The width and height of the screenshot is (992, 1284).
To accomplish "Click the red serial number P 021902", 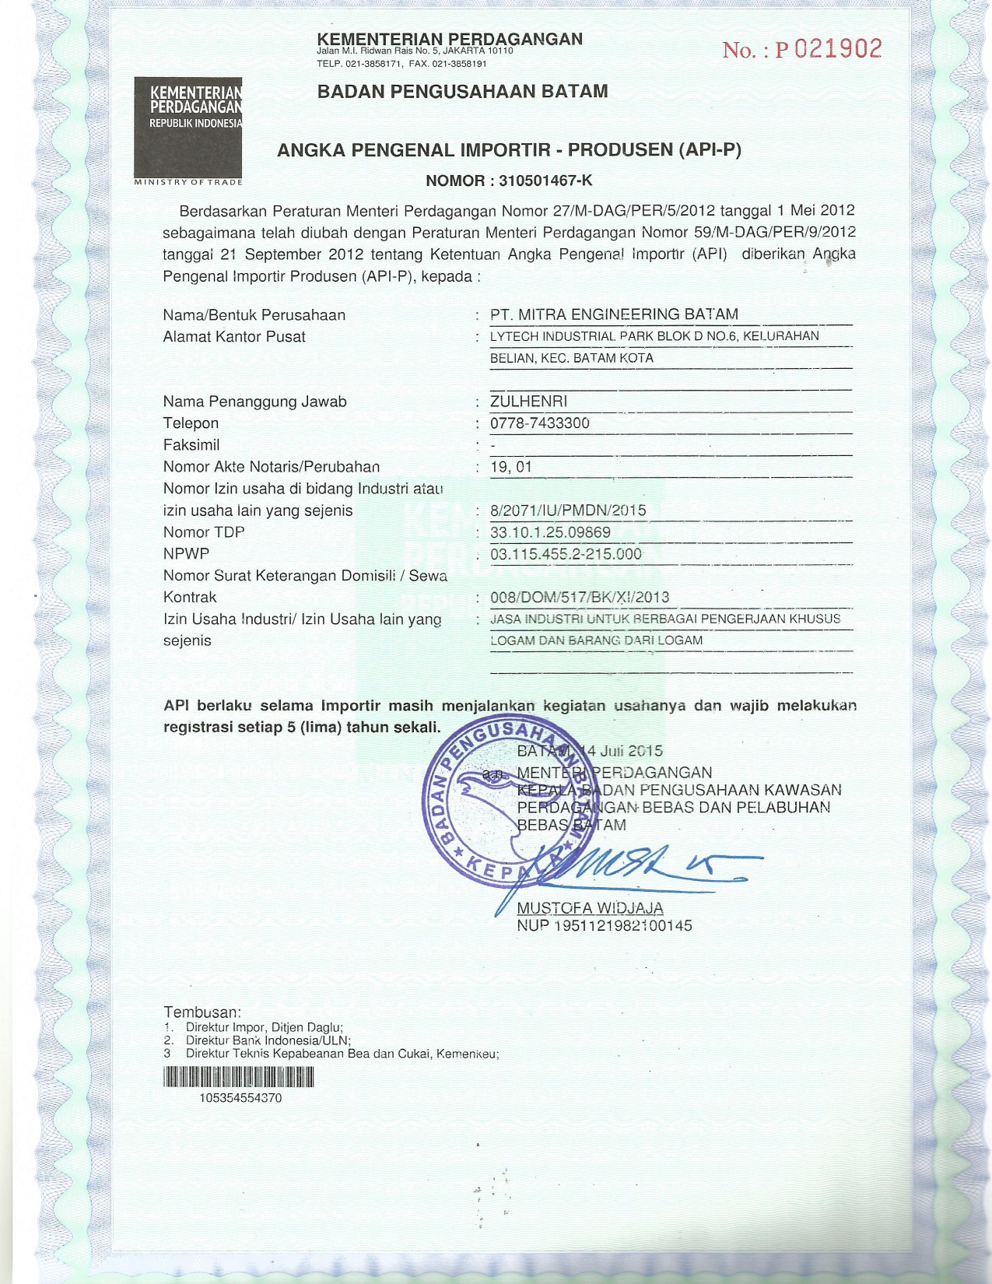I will (x=802, y=50).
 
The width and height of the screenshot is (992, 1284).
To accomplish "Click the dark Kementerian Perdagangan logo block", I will (x=188, y=128).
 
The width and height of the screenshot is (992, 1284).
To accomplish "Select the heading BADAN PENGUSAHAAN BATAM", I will (x=462, y=91).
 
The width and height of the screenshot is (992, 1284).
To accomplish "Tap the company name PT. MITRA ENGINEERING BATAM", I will (x=614, y=314).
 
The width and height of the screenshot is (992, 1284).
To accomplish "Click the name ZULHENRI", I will (x=528, y=402).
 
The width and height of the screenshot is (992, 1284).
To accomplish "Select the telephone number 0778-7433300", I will (x=540, y=423).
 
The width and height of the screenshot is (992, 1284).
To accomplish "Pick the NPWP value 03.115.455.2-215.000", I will (x=566, y=554).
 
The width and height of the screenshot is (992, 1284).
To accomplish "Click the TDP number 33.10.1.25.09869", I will (x=550, y=532).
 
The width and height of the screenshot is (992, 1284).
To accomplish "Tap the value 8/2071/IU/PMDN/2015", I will (x=569, y=510).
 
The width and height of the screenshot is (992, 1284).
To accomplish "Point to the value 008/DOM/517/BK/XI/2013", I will (x=580, y=598).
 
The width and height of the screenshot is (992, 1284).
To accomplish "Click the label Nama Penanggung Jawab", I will (x=254, y=402).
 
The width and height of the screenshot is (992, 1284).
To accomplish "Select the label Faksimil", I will (x=191, y=445).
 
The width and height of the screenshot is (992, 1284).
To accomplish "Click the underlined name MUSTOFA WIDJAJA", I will (x=590, y=909).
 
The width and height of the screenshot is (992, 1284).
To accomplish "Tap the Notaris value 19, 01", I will (x=511, y=467).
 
